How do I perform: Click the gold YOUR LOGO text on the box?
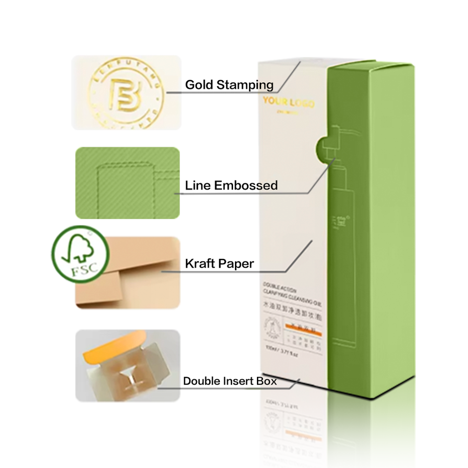click(x=289, y=102)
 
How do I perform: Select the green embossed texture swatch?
click(x=127, y=183)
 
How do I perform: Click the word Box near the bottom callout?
click(x=267, y=381)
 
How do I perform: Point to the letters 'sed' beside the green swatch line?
click(x=268, y=186)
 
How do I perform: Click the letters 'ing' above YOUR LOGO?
click(x=265, y=85)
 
